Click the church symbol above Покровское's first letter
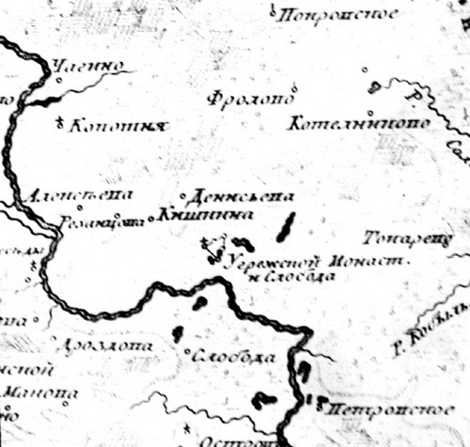(271, 8)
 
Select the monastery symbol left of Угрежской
(214, 250)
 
